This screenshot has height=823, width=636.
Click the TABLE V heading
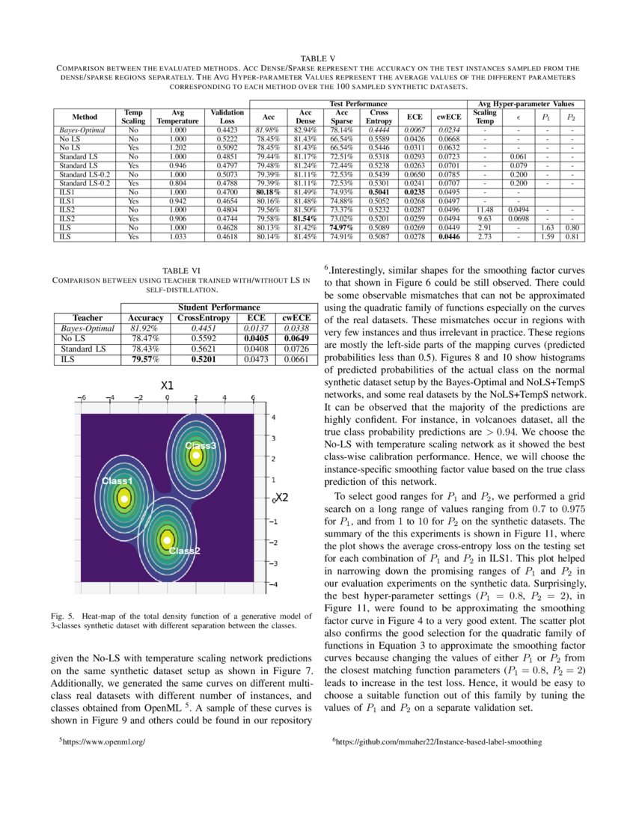[x=318, y=58]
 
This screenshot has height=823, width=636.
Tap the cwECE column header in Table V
[x=448, y=117]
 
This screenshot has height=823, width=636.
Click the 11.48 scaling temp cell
[x=484, y=211]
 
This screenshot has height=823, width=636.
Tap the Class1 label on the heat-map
[x=117, y=480]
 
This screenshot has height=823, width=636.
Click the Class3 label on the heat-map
[x=201, y=445]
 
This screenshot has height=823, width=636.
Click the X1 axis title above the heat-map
[x=167, y=385]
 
